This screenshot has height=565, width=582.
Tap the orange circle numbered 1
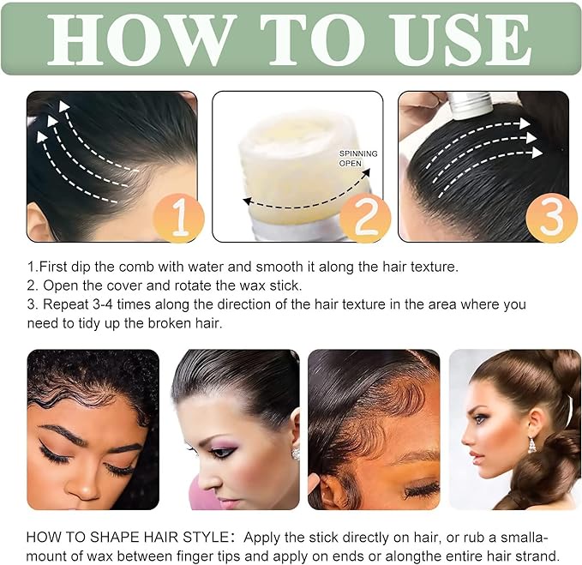pyautogui.click(x=179, y=218)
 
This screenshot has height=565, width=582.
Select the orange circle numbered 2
pyautogui.click(x=365, y=218)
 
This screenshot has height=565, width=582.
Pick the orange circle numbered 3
pyautogui.click(x=551, y=218)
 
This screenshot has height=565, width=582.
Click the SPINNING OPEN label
pyautogui.click(x=358, y=158)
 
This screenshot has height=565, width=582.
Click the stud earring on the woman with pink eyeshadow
pyautogui.click(x=296, y=454)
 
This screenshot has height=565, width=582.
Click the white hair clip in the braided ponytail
pyautogui.click(x=570, y=410)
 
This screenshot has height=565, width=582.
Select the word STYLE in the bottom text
pyautogui.click(x=206, y=538)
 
